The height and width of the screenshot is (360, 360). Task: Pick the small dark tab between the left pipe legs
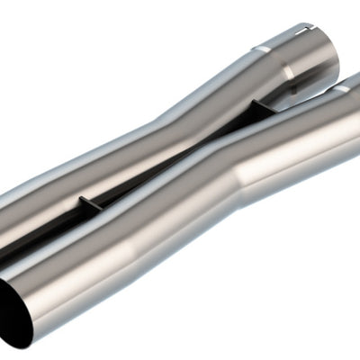(82, 204)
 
